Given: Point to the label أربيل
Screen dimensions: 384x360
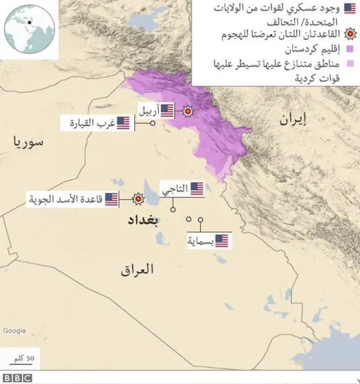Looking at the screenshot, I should [148, 111].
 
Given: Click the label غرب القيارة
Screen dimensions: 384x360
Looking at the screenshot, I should [92, 123].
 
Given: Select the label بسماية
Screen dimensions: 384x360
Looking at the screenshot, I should [200, 241].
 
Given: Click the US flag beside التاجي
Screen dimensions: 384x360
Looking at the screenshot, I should [196, 189].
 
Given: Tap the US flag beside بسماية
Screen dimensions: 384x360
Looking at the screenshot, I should [222, 241].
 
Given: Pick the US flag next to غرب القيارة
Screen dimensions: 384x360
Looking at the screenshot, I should [124, 123].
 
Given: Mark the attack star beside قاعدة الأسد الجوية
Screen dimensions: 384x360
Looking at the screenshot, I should [137, 198].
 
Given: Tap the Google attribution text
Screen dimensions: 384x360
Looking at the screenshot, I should [15, 331].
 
